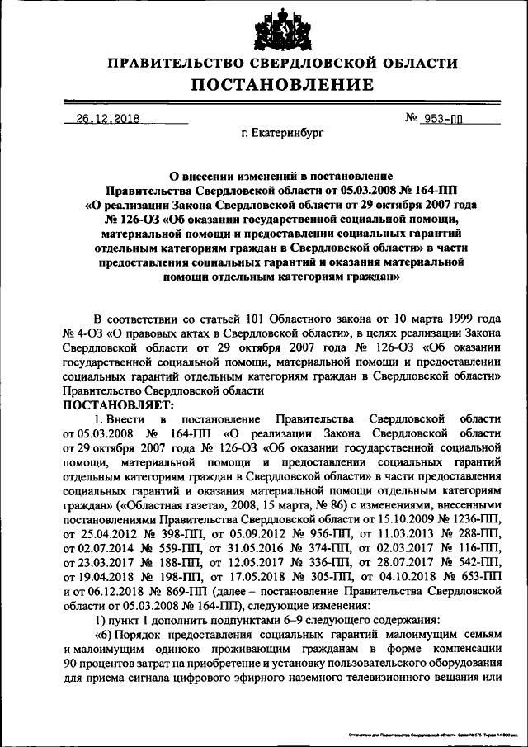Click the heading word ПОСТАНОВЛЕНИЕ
(283, 84)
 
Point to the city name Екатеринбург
(283, 132)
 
